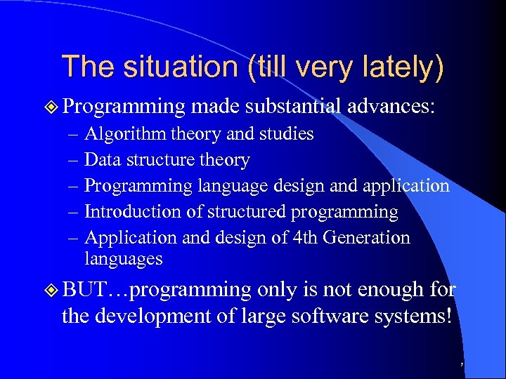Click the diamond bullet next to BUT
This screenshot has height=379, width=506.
[50, 289]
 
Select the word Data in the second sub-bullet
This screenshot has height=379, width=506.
[101, 160]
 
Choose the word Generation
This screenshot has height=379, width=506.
[368, 238]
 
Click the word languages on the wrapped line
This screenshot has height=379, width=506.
[124, 259]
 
